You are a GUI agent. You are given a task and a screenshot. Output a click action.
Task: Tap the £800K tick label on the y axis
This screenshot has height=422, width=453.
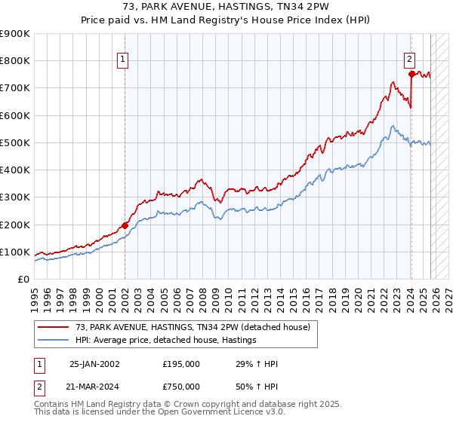pyautogui.click(x=15, y=61)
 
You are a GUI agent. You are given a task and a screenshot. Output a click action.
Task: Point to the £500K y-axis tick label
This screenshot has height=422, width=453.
pyautogui.click(x=15, y=142)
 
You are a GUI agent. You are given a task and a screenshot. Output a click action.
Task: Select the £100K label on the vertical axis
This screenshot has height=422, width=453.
pyautogui.click(x=15, y=252)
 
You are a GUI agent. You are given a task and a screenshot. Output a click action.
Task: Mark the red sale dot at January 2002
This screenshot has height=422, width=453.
pyautogui.click(x=125, y=225)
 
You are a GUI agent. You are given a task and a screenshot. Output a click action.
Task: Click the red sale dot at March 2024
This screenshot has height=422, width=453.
pyautogui.click(x=411, y=74)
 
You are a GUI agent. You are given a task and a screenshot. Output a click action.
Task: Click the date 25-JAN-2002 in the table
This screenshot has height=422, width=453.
pyautogui.click(x=94, y=364)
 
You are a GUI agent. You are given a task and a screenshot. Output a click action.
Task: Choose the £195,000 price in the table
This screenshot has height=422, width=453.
pyautogui.click(x=181, y=364)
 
